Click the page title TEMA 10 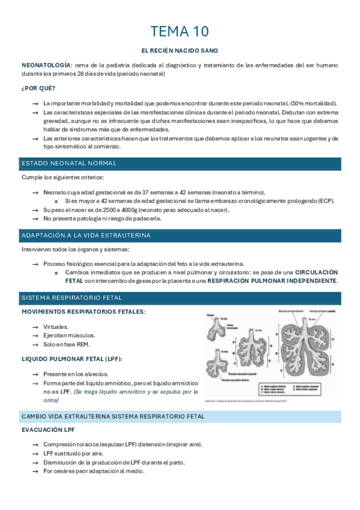point(180,31)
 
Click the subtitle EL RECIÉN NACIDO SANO point(180,51)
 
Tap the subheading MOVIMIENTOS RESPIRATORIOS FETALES point(83,312)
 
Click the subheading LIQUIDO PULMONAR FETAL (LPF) point(72,359)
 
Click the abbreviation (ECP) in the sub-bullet point(326,201)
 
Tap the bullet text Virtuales point(56,327)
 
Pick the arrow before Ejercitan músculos point(35,336)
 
